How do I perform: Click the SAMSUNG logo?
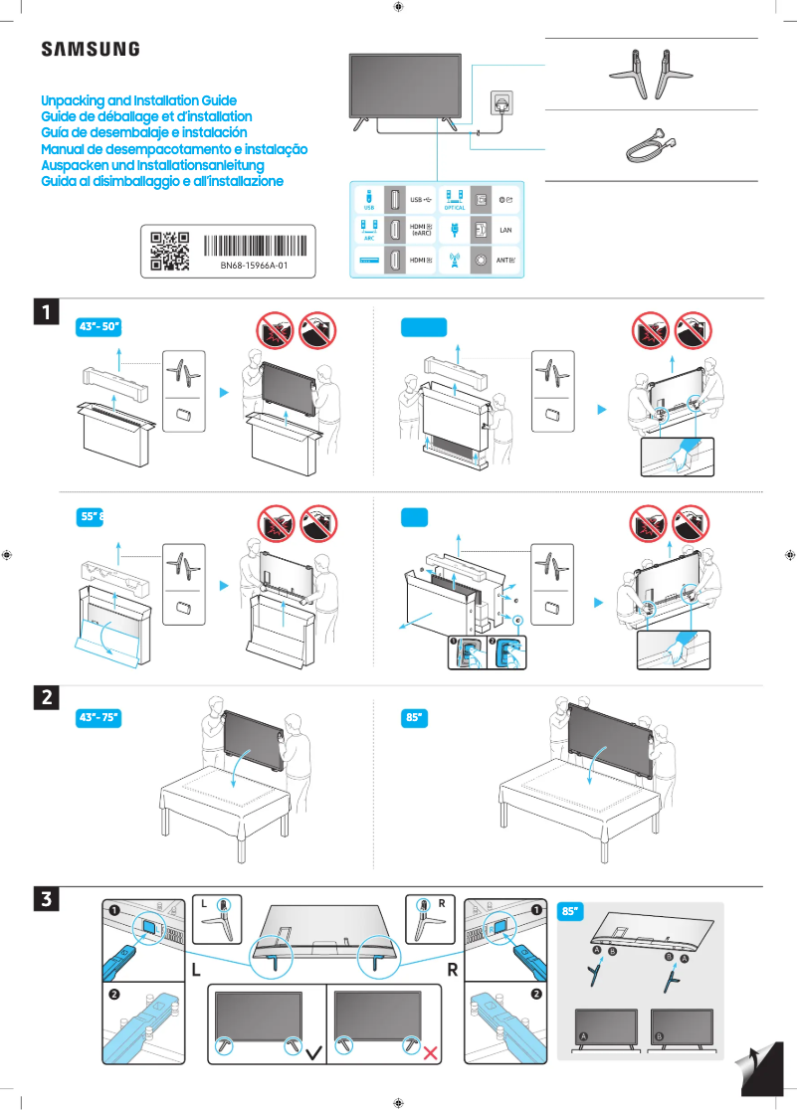click(90, 49)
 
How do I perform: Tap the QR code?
click(169, 251)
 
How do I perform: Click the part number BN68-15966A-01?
click(254, 266)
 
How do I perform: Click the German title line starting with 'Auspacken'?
click(152, 165)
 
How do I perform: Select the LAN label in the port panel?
click(505, 230)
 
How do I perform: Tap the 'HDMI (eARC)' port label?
click(422, 230)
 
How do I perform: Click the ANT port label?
click(504, 261)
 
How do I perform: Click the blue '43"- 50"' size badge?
click(100, 328)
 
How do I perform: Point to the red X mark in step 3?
click(433, 1052)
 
